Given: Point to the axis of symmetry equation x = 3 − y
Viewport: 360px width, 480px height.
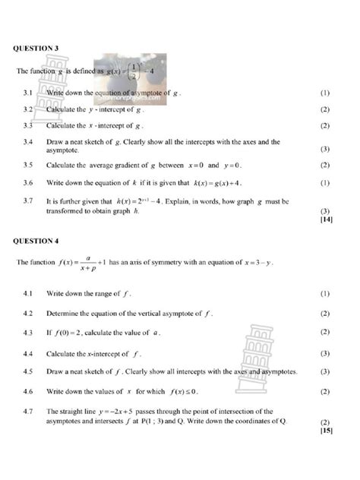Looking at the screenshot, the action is (257, 264).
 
